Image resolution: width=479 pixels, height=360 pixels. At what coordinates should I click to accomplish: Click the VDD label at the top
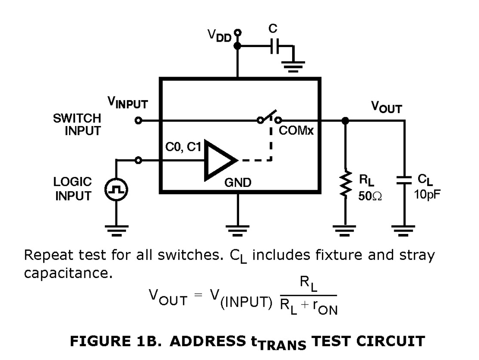click(219, 35)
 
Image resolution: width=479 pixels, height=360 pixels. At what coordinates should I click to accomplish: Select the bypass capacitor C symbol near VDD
click(274, 46)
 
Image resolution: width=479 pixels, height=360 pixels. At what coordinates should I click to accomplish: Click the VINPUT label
click(127, 103)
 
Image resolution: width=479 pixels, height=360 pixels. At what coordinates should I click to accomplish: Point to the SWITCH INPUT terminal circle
click(138, 121)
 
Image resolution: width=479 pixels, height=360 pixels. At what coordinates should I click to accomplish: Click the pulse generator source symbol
click(116, 190)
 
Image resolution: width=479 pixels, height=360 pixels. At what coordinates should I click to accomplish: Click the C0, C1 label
click(183, 148)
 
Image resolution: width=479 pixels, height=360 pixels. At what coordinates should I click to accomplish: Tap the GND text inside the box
click(238, 183)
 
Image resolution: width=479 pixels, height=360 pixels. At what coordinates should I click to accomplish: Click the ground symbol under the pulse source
click(116, 231)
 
